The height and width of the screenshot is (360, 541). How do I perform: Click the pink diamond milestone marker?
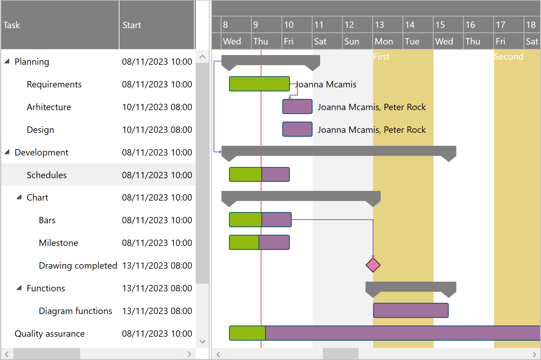click(x=373, y=265)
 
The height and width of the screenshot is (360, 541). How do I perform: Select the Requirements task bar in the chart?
click(x=259, y=84)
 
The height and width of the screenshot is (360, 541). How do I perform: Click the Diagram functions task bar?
click(x=411, y=310)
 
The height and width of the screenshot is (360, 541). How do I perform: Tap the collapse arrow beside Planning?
click(x=7, y=61)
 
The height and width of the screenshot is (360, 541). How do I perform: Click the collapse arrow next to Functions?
click(x=19, y=288)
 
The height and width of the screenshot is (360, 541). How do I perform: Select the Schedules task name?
click(x=47, y=175)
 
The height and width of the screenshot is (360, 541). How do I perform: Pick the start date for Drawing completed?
click(x=157, y=265)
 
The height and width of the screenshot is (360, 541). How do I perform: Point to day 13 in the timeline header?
click(x=379, y=25)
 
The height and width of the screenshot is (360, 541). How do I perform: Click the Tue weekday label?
click(x=412, y=41)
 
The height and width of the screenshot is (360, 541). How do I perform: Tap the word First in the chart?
click(x=381, y=57)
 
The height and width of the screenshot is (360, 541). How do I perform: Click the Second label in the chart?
click(x=508, y=57)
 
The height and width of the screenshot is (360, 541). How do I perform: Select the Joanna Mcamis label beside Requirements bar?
click(x=326, y=84)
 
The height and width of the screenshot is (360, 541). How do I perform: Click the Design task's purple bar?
click(x=297, y=129)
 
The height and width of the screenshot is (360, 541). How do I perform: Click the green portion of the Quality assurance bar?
click(x=247, y=333)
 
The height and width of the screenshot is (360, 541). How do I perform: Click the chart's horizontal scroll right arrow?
click(x=534, y=354)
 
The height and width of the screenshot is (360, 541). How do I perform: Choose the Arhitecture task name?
click(x=49, y=107)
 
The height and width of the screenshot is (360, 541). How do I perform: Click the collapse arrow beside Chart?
click(x=19, y=197)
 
